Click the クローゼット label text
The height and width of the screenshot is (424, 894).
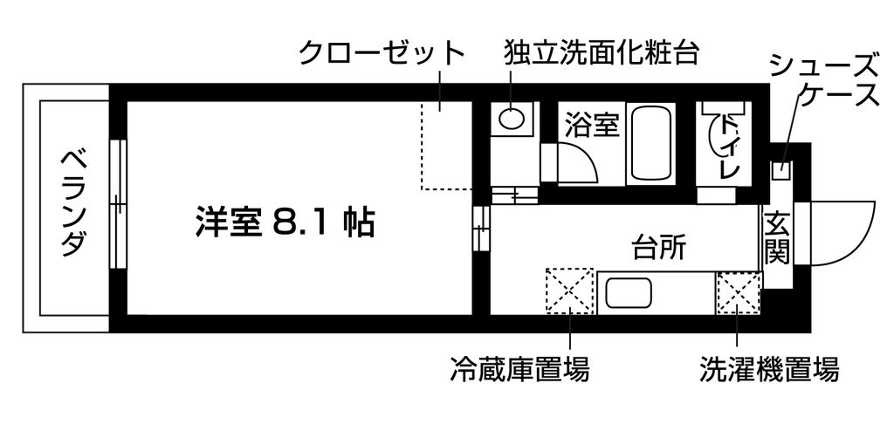(x=382, y=53)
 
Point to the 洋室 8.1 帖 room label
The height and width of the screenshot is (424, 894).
(x=285, y=223)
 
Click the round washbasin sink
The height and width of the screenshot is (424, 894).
(x=512, y=118)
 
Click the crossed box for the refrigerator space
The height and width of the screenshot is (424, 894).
(x=569, y=291)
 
